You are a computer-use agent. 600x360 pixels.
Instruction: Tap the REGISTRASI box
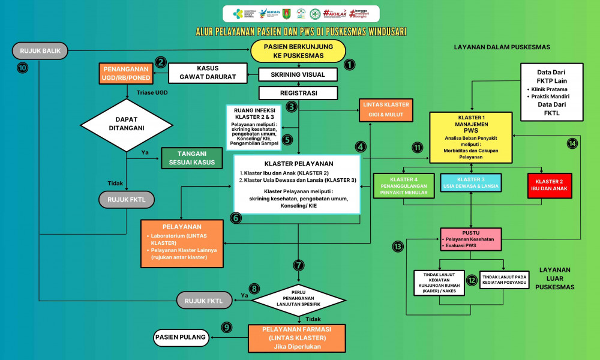(298, 93)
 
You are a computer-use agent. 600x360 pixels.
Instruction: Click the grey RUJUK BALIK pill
(40, 51)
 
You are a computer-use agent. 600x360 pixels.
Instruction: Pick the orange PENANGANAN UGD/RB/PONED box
(127, 73)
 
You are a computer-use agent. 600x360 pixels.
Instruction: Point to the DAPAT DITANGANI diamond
(127, 125)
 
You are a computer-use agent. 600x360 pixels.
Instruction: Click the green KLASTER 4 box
(403, 185)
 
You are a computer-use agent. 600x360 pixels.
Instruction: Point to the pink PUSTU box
(470, 239)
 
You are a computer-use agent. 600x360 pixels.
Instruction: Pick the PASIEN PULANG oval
(181, 338)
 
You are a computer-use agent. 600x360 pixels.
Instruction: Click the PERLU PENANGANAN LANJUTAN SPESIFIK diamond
(298, 294)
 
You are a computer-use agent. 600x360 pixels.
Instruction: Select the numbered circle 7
(298, 265)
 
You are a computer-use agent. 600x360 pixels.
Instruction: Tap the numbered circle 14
(572, 143)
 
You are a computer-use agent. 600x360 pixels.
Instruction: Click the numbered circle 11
(418, 148)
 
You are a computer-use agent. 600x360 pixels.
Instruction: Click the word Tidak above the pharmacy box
(313, 319)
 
